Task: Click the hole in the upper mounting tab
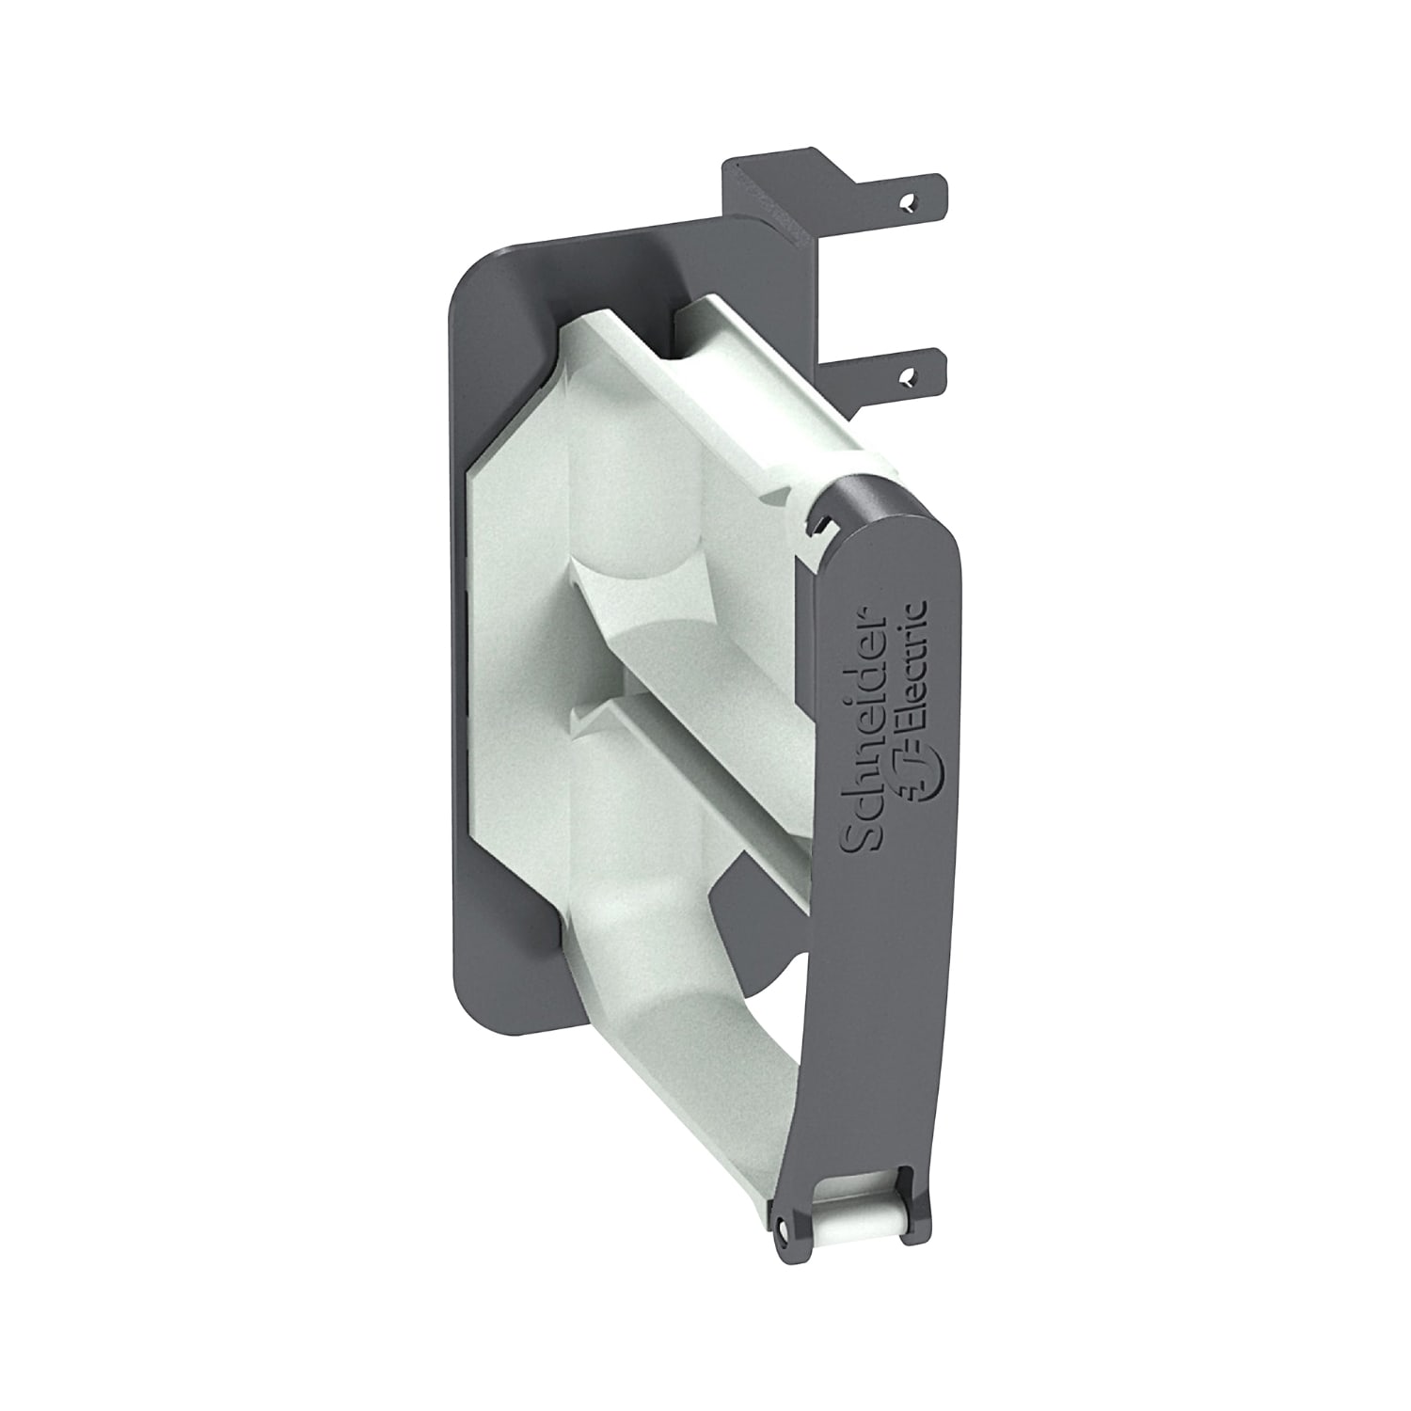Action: click(907, 202)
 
